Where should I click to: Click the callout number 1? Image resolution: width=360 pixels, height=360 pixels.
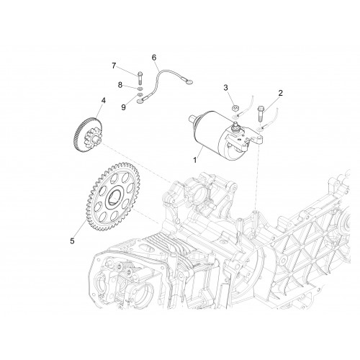195,160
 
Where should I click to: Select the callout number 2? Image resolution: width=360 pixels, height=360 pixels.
280,93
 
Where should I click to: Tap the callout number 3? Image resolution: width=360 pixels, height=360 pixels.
225,88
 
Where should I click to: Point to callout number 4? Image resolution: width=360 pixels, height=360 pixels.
103,100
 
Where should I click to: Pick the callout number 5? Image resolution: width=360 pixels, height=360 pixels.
72,241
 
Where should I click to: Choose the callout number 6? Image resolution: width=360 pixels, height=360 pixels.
154,58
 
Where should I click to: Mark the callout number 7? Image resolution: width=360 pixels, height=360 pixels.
114,66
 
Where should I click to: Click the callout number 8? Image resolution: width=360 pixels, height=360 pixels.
120,85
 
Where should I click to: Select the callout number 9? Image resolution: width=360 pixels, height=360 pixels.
123,107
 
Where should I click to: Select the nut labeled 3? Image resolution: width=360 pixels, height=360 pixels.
235,108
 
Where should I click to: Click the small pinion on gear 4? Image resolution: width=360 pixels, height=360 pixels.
92,139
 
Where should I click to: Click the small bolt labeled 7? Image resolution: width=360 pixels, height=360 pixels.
140,78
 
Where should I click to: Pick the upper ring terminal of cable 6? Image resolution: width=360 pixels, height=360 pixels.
189,83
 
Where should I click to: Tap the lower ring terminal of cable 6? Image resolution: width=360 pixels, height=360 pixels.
140,102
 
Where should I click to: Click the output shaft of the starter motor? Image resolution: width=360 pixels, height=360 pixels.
193,119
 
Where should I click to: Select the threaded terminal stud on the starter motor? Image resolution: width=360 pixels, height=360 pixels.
236,125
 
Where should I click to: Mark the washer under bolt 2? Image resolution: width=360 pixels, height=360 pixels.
259,130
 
